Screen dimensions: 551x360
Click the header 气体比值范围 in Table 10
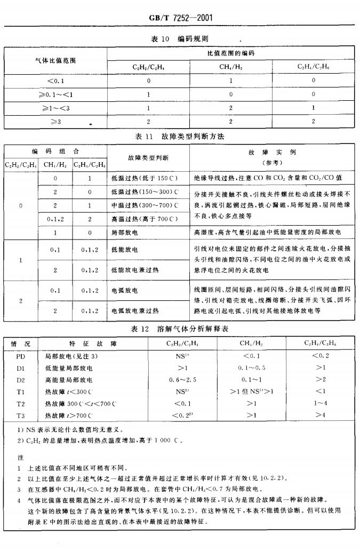coord(55,60)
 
